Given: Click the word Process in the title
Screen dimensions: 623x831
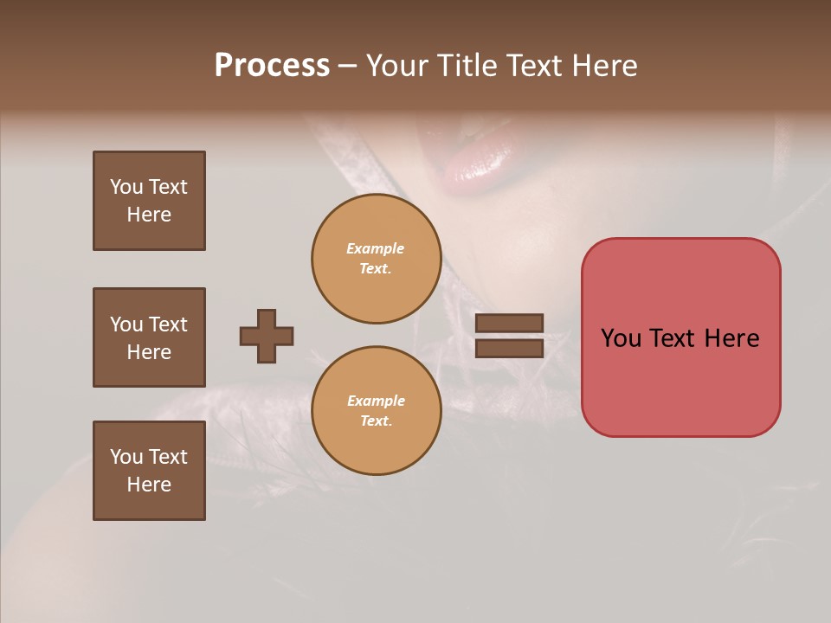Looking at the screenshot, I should (272, 66).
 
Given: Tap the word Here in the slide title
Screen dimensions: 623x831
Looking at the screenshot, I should (603, 66).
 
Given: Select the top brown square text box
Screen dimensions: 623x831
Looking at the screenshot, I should (149, 201).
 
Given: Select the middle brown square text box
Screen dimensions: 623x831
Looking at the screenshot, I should (149, 337).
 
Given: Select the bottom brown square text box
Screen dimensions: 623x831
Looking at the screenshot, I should (149, 471).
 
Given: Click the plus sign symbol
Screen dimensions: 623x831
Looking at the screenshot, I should (267, 336).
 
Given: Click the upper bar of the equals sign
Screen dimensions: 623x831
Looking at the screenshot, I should (509, 323).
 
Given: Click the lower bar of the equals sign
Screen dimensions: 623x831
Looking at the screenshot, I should (509, 348).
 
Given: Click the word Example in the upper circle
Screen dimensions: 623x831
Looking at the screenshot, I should (376, 248).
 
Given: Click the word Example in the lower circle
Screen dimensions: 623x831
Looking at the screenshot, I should (376, 401).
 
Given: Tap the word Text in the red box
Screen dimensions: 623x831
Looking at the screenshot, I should (675, 338).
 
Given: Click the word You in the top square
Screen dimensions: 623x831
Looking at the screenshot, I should (126, 187).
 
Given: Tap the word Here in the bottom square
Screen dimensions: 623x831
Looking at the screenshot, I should (149, 485).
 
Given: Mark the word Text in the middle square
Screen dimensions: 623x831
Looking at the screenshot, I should (167, 324).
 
